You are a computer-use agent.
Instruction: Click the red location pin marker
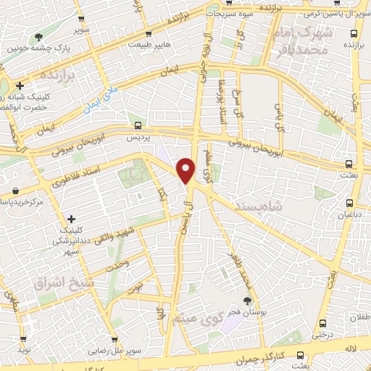186,170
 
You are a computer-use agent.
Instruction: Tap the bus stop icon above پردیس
138,125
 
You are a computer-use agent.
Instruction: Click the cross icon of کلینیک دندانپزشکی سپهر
71,218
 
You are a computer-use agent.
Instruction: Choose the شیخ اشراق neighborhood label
60,282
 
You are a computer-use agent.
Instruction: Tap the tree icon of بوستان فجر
248,300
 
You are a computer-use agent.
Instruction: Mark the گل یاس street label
278,112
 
